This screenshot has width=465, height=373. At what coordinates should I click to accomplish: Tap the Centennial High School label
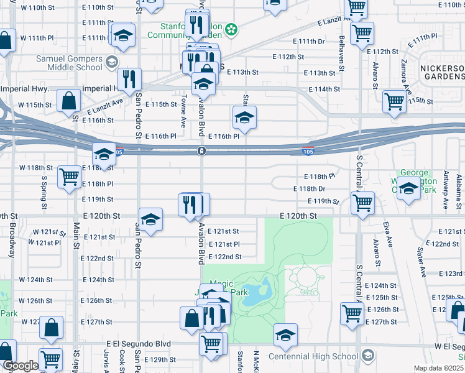[313, 356]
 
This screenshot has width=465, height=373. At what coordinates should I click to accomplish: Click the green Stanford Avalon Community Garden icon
[231, 29]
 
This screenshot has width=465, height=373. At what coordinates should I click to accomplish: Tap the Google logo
[20, 366]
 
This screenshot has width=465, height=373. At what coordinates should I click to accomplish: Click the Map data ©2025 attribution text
[438, 368]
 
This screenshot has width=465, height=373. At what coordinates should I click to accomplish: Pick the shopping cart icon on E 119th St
[362, 201]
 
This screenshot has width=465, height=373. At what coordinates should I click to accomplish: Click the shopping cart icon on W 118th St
[69, 176]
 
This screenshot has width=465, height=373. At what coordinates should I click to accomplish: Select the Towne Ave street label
[184, 111]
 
